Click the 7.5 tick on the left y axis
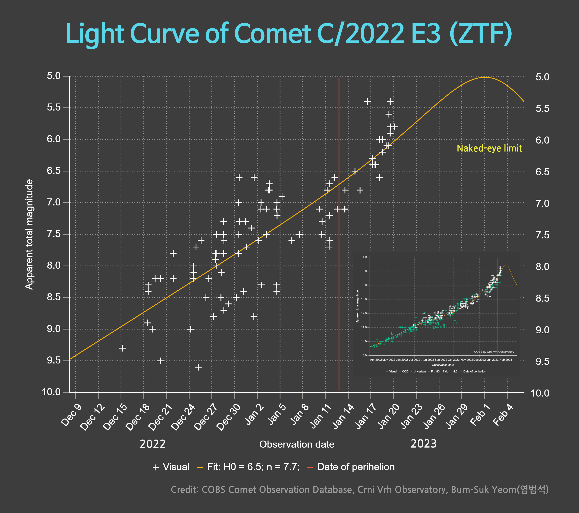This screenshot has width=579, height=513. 54,234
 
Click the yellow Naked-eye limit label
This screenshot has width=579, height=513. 489,148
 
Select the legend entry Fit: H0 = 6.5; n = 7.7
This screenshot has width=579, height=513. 248,467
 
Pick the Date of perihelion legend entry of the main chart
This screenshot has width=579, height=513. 351,467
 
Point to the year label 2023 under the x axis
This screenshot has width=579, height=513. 423,444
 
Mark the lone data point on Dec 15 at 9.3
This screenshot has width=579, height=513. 122,348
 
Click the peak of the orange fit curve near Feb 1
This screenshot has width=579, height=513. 484,77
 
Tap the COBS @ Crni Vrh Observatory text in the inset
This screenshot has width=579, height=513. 494,352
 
